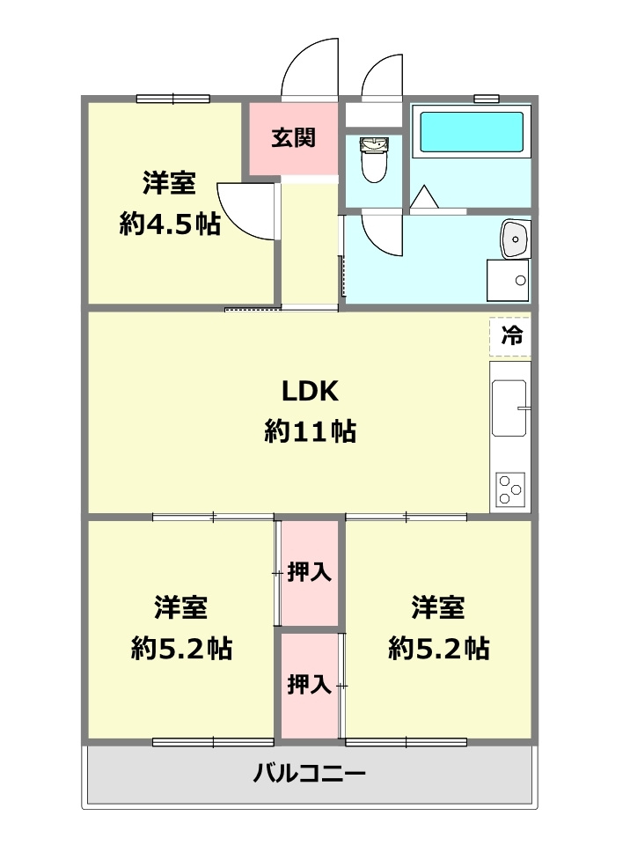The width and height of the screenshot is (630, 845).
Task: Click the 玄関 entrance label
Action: pyautogui.click(x=293, y=138)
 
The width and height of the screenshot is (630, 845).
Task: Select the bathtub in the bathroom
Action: pyautogui.click(x=472, y=134)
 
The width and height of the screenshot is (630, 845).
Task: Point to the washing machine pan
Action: pyautogui.click(x=509, y=281)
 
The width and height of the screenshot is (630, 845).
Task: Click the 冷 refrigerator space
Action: pyautogui.click(x=510, y=335)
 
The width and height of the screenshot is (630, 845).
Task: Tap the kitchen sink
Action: pyautogui.click(x=509, y=408)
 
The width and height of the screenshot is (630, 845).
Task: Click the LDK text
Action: pyautogui.click(x=310, y=390)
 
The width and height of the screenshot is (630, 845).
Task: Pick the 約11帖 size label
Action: pyautogui.click(x=310, y=431)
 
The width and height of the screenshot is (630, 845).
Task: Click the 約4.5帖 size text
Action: pyautogui.click(x=170, y=224)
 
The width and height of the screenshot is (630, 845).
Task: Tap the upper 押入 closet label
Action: pyautogui.click(x=310, y=572)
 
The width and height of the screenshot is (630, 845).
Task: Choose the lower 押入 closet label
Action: pyautogui.click(x=310, y=684)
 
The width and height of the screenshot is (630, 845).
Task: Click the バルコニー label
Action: pyautogui.click(x=310, y=775)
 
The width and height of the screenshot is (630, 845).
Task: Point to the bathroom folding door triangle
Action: pyautogui.click(x=424, y=199)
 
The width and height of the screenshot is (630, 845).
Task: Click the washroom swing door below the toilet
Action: pyautogui.click(x=380, y=232)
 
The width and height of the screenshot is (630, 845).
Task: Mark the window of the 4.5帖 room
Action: pyautogui.click(x=173, y=98)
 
